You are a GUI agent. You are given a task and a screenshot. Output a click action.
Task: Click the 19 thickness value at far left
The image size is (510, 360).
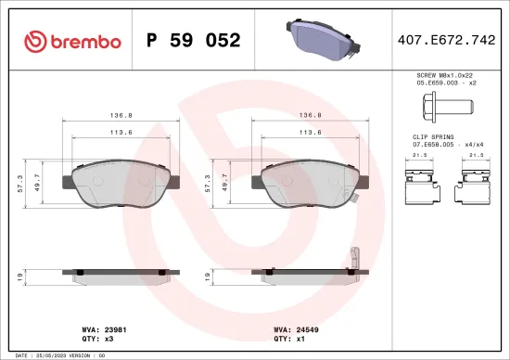point(18,276)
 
